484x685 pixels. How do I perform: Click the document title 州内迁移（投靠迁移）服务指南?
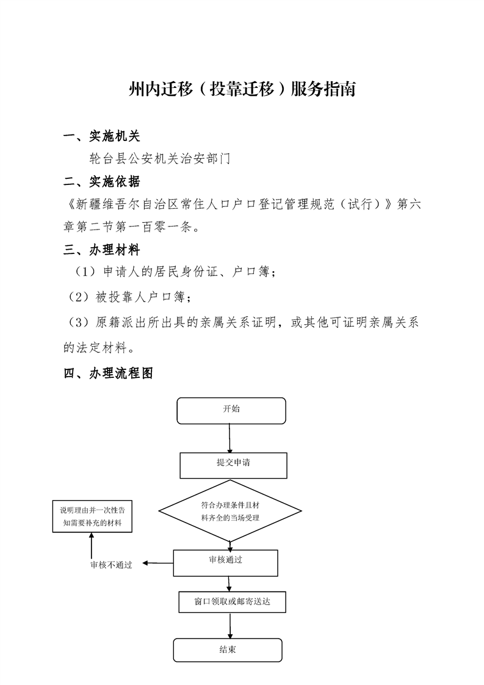tap(242, 89)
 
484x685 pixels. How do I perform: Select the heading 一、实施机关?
tap(102, 136)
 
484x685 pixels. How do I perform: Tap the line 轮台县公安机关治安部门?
tap(160, 158)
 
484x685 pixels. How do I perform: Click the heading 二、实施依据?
tap(102, 182)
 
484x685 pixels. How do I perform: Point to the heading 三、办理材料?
tap(102, 250)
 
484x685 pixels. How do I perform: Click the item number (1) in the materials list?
tap(85, 272)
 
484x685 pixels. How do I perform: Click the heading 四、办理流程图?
tap(108, 373)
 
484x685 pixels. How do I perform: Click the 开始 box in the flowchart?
tap(231, 411)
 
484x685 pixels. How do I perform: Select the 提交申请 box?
tap(233, 465)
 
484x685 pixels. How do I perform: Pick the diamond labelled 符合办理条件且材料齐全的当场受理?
tap(229, 510)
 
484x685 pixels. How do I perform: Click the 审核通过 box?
tap(225, 563)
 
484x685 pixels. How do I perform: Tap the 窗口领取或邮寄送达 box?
tap(232, 602)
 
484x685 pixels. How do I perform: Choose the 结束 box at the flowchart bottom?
tap(228, 650)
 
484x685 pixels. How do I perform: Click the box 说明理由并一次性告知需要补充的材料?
tap(92, 516)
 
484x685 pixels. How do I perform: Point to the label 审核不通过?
tap(111, 565)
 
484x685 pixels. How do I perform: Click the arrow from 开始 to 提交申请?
tap(229, 438)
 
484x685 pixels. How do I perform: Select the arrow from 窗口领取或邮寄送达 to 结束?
tap(229, 626)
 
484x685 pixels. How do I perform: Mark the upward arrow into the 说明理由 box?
tap(92, 546)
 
